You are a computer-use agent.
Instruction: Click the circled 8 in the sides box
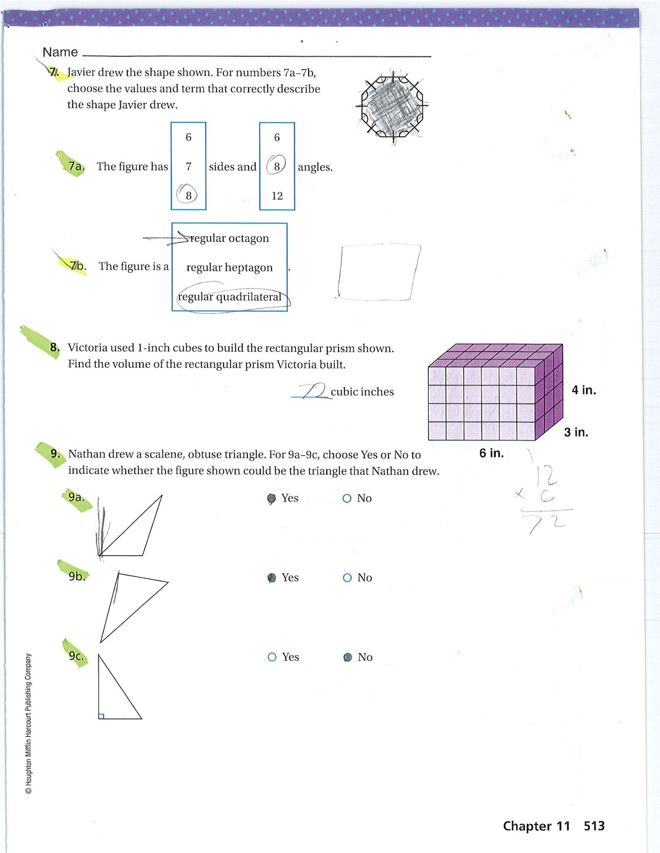(188, 196)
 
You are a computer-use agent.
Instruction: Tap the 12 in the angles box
(277, 196)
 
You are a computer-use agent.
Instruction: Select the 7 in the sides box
(188, 167)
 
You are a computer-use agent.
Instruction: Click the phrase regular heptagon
(229, 267)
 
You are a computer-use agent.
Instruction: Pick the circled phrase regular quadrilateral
(230, 297)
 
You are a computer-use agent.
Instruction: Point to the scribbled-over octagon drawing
(392, 106)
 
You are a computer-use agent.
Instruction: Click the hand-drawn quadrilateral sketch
(378, 272)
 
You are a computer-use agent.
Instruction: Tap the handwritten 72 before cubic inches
(313, 391)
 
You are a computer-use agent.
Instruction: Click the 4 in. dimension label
(584, 390)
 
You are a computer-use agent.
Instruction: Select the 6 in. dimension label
(491, 453)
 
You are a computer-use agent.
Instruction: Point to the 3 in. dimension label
(576, 432)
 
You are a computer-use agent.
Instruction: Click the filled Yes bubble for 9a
(271, 498)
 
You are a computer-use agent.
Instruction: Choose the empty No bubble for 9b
(347, 578)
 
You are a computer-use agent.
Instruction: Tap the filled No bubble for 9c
(348, 657)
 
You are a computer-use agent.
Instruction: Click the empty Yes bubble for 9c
(272, 657)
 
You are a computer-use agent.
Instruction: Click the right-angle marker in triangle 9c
(101, 716)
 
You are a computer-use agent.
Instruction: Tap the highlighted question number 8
(54, 348)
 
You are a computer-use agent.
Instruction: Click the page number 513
(594, 826)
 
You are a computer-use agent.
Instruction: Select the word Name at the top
(60, 52)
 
